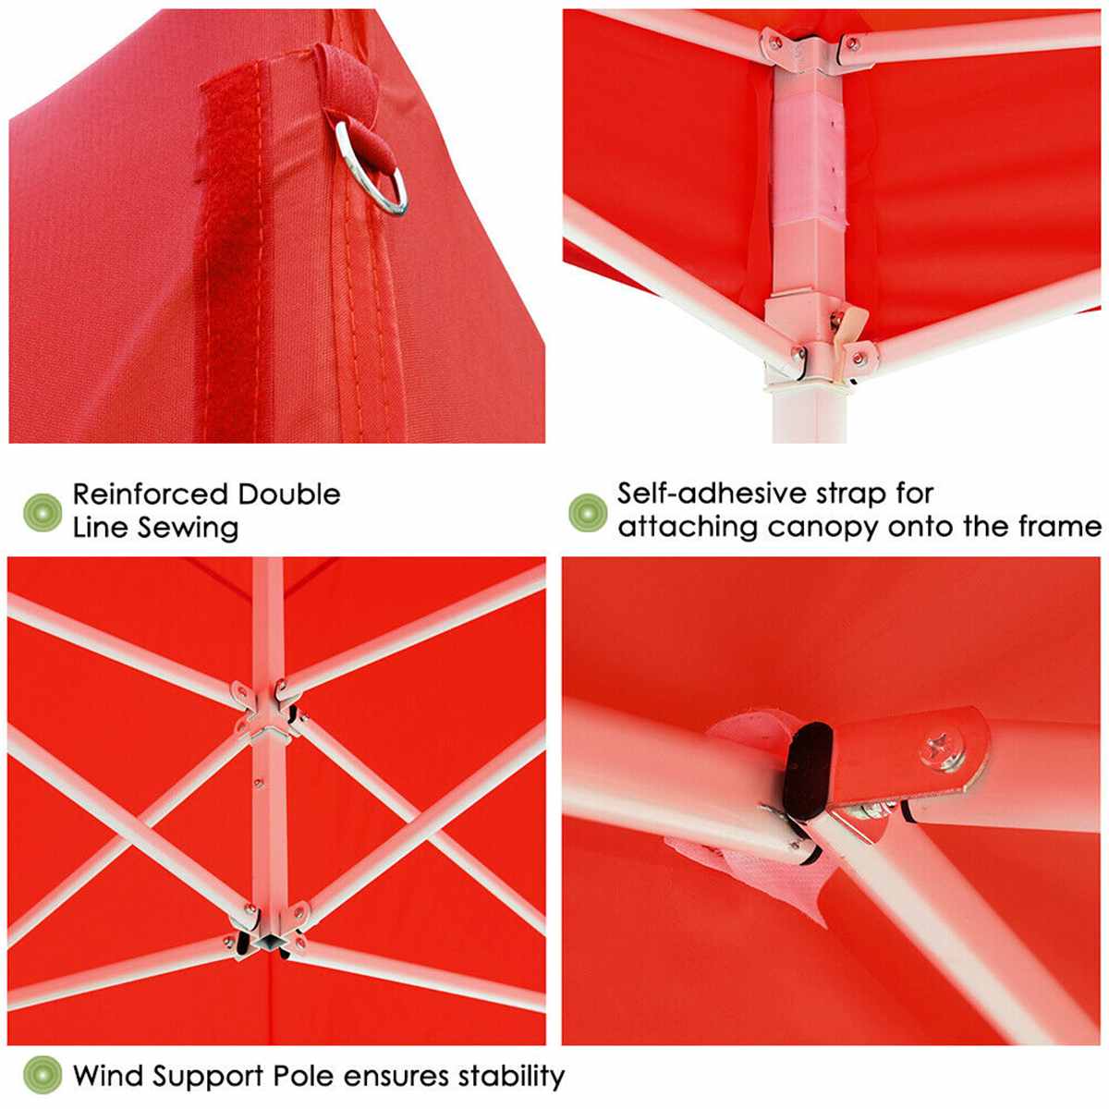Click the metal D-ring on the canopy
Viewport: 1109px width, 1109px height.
pos(374,171)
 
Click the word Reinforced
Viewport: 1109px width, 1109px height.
pos(150,494)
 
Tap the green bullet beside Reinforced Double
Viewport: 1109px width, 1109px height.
pos(42,511)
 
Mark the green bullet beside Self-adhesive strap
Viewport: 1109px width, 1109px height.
pos(588,511)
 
